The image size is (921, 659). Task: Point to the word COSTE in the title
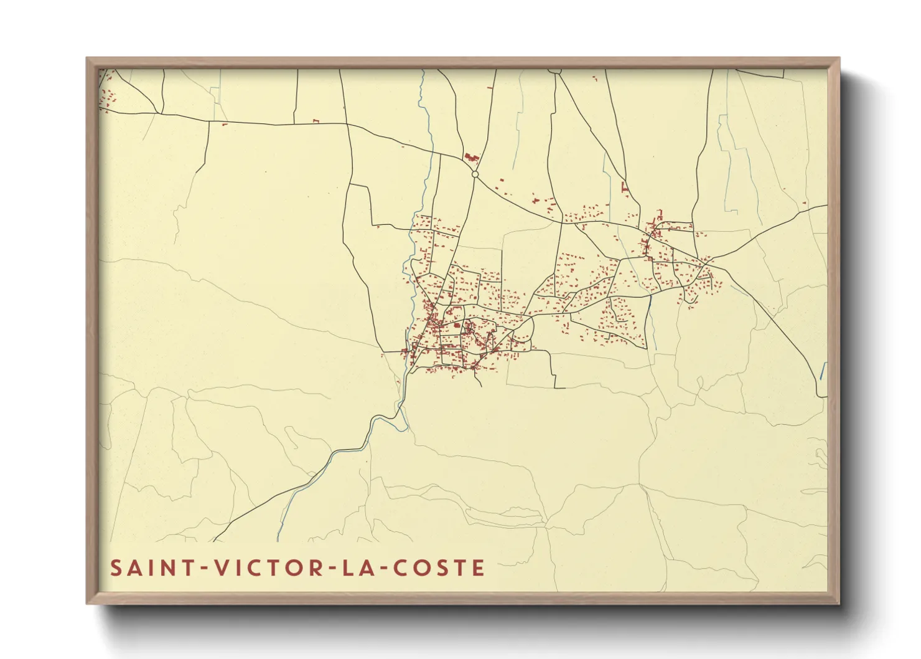436,568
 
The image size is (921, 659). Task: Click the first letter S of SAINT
116,568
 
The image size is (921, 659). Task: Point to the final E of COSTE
478,568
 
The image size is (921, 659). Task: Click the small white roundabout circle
475,174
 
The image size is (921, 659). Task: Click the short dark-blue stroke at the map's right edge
823,371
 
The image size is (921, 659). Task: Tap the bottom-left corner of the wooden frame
88,602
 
